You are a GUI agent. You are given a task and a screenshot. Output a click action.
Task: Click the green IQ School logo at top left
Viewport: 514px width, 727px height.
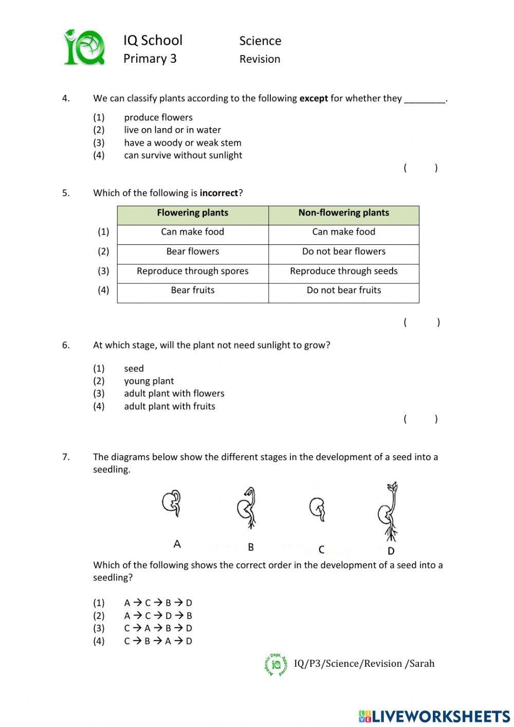(x=84, y=48)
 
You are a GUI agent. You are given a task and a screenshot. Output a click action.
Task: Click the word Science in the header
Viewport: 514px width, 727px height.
(x=260, y=41)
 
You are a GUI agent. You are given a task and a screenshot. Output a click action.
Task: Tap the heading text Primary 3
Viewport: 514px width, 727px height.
(x=150, y=59)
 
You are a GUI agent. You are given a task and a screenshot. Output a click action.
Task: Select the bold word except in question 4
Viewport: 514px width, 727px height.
(x=314, y=98)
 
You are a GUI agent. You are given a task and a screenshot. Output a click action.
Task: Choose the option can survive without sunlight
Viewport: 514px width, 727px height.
(x=182, y=155)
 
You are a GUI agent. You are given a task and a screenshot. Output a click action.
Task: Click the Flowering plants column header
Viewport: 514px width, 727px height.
(x=193, y=213)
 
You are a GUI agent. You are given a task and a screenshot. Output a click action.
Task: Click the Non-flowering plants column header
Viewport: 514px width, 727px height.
(x=343, y=213)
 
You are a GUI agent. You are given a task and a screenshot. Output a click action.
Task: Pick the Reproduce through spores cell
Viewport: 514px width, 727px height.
(x=193, y=271)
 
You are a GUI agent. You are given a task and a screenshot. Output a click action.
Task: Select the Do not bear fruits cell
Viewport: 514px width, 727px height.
(x=343, y=290)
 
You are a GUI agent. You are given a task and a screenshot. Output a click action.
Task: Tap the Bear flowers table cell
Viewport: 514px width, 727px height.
(x=193, y=252)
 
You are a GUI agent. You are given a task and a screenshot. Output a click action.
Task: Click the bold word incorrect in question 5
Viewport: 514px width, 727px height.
(x=219, y=193)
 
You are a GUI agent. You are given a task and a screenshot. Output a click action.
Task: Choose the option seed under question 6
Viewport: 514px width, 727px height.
(x=134, y=368)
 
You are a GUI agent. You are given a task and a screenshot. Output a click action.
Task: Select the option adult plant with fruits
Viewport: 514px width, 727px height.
(x=169, y=406)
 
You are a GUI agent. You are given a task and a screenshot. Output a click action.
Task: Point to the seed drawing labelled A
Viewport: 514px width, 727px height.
(x=172, y=504)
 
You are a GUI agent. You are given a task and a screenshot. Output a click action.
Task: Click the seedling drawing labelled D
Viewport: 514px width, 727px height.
(x=389, y=512)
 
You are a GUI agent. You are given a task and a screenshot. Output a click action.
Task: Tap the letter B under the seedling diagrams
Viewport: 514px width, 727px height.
(x=251, y=547)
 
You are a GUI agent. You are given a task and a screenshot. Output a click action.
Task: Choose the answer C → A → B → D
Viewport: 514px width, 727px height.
(x=158, y=628)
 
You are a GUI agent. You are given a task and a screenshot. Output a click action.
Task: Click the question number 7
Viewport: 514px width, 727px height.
(x=66, y=457)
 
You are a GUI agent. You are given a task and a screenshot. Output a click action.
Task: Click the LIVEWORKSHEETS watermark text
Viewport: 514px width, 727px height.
(x=440, y=716)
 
